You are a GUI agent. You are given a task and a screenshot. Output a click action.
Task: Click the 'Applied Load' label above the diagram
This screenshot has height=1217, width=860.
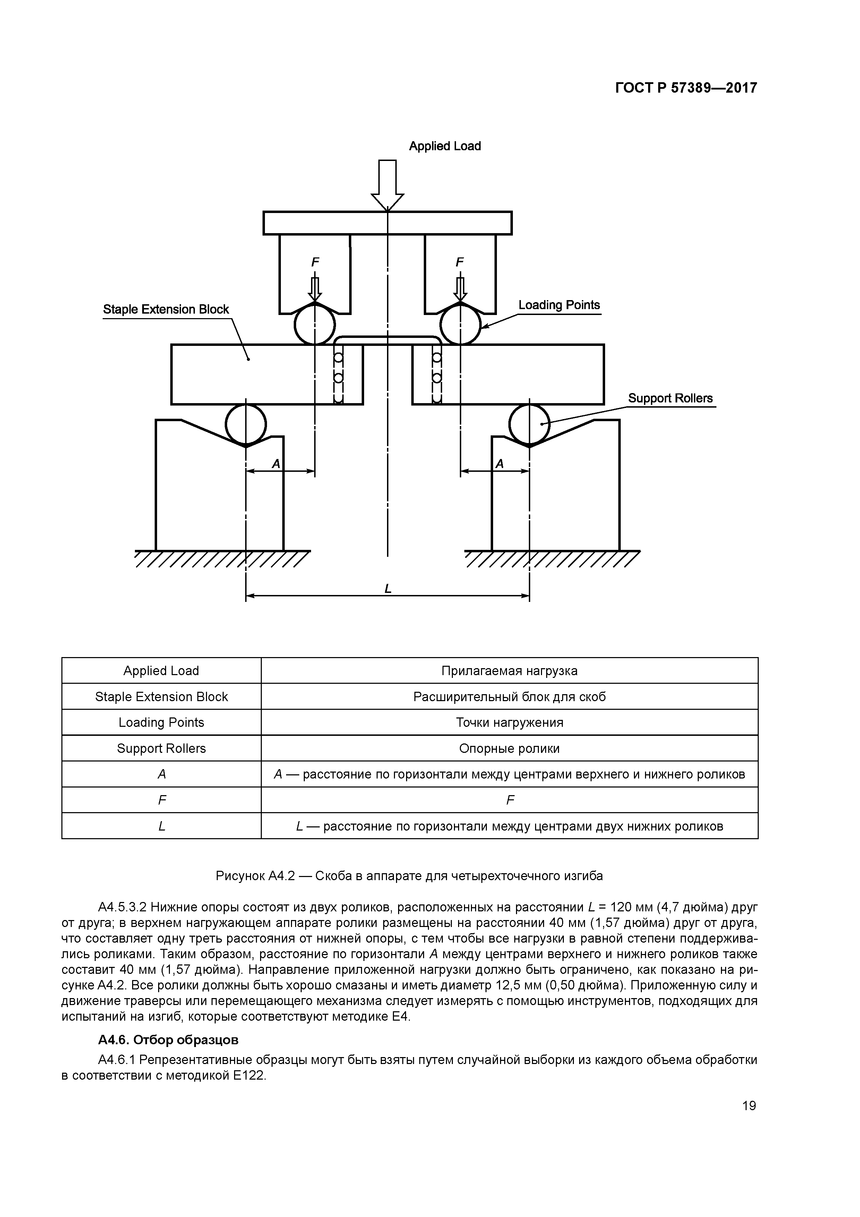click(x=445, y=146)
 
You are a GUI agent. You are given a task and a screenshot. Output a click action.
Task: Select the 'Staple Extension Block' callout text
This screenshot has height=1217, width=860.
click(x=166, y=309)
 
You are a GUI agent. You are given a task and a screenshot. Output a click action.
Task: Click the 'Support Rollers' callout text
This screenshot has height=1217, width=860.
click(x=670, y=398)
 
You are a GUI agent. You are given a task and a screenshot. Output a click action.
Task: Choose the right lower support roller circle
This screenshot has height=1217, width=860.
click(x=530, y=424)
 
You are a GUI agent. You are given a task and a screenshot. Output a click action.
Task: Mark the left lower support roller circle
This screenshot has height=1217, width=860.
click(x=246, y=424)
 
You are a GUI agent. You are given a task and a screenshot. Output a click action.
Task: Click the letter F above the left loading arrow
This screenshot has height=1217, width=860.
click(x=315, y=262)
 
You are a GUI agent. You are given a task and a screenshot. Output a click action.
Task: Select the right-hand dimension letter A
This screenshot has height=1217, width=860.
click(x=499, y=464)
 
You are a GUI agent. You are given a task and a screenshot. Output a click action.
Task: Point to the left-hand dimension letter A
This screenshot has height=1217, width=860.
click(x=276, y=464)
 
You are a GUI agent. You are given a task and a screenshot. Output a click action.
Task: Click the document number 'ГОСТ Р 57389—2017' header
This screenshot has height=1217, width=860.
click(x=686, y=88)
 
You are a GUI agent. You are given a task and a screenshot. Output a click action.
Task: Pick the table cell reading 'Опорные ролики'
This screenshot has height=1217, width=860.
click(x=509, y=748)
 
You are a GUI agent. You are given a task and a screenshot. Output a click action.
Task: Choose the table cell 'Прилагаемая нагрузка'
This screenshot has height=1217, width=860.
click(x=509, y=671)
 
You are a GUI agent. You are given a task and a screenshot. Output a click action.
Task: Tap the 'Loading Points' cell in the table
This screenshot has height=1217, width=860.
click(x=161, y=722)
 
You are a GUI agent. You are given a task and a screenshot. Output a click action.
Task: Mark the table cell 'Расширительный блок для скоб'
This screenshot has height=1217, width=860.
click(x=509, y=697)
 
